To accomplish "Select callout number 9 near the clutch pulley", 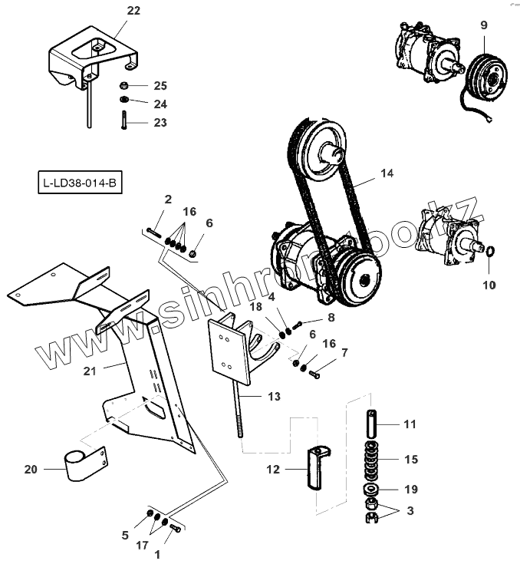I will tap(484, 25).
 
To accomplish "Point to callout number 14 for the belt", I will tap(387, 174).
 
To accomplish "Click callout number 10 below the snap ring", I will tap(489, 285).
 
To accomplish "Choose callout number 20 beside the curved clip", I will tap(31, 469).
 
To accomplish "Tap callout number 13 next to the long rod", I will tap(273, 397).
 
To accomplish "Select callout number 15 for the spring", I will tap(411, 460).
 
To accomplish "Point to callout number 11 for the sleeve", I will tap(410, 424).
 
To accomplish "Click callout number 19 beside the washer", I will tap(411, 489).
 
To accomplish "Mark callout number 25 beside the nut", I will tap(160, 85).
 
